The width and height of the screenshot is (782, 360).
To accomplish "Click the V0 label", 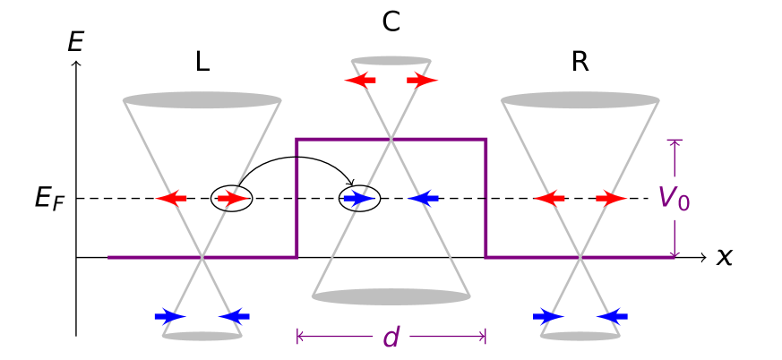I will coord(675,198).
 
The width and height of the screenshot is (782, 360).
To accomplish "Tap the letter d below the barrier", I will coord(391,337).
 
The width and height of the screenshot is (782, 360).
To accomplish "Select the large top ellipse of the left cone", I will coord(202,100).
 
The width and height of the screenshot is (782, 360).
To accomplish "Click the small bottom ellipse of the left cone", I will coord(202,336).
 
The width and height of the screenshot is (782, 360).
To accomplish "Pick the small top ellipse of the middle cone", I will coord(391,61).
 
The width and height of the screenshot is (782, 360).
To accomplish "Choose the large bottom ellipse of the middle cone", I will coord(391,296).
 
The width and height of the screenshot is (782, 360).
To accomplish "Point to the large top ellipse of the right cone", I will coord(580,100).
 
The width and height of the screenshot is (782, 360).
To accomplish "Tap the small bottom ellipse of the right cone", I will coord(580,336).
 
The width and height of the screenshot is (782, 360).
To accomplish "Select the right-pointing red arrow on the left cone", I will coord(234,198).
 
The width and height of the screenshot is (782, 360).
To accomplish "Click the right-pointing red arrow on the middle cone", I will coord(423,80).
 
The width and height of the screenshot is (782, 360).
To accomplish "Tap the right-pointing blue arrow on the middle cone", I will coord(358,198).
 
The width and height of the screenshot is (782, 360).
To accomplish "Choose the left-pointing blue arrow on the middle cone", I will coord(424,198).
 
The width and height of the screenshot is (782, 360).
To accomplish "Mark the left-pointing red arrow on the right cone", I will coord(549,198).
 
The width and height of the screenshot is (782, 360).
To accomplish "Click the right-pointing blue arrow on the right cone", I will coord(548,316).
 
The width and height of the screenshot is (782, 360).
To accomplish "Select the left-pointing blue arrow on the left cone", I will coord(235,316).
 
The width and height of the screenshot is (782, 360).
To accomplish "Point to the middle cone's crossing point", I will coord(391,139).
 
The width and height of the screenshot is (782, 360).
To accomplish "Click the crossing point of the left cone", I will coord(202,257).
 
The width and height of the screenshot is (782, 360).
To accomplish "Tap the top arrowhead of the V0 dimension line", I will coord(675,141).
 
